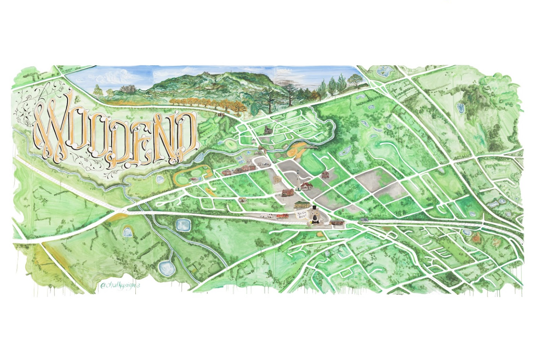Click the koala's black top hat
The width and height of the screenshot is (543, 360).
pos(314,208)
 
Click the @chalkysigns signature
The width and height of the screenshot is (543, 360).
pos(120,285)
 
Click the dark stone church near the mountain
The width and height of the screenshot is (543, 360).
pos(268,130)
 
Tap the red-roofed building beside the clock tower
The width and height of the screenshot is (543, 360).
pos(307,186)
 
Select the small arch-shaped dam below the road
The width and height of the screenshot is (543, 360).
pos(127,231)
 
